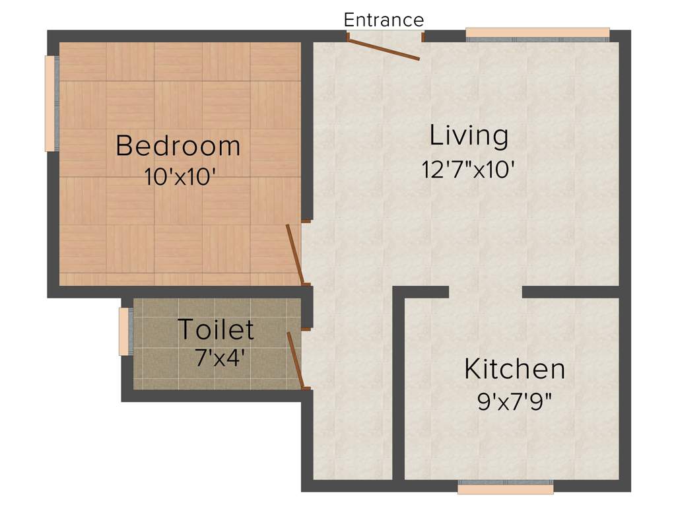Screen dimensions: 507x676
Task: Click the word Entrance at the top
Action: tap(384, 20)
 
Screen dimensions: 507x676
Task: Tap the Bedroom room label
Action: tap(178, 145)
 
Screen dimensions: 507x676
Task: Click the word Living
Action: tap(469, 135)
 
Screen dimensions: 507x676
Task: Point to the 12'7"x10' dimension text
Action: tap(468, 170)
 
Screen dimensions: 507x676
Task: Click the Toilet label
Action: tap(216, 329)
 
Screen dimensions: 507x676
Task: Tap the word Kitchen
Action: tap(514, 369)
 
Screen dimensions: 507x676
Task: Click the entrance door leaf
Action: tap(384, 50)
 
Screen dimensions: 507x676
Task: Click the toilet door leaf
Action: tap(295, 360)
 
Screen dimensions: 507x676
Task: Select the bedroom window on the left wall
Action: tap(50, 104)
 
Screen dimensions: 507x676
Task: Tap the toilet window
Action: tap(123, 331)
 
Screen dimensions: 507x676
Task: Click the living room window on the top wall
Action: tap(537, 33)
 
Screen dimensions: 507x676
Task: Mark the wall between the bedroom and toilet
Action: tap(178, 292)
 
